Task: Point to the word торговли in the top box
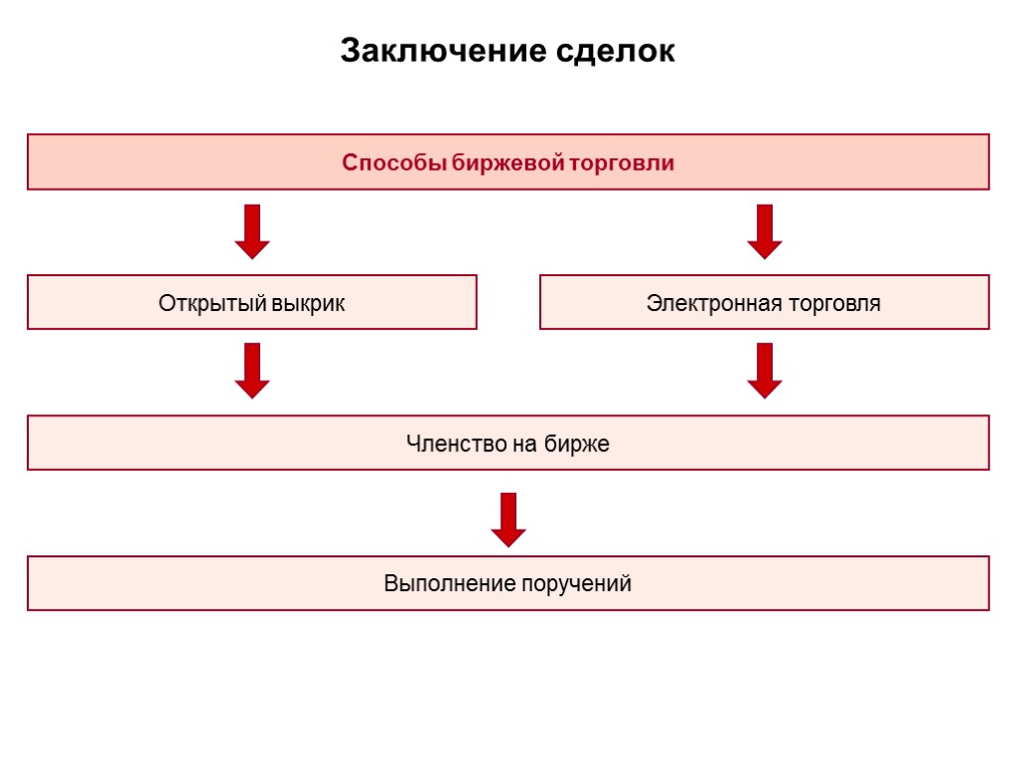(x=621, y=163)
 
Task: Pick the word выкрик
(x=307, y=303)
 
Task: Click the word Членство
(x=456, y=444)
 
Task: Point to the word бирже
(x=577, y=444)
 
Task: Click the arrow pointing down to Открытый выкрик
(x=252, y=231)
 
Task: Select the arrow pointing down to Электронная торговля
(x=765, y=231)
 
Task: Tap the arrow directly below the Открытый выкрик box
(x=252, y=371)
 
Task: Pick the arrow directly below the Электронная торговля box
(x=765, y=371)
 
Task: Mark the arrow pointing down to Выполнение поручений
(x=508, y=520)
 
